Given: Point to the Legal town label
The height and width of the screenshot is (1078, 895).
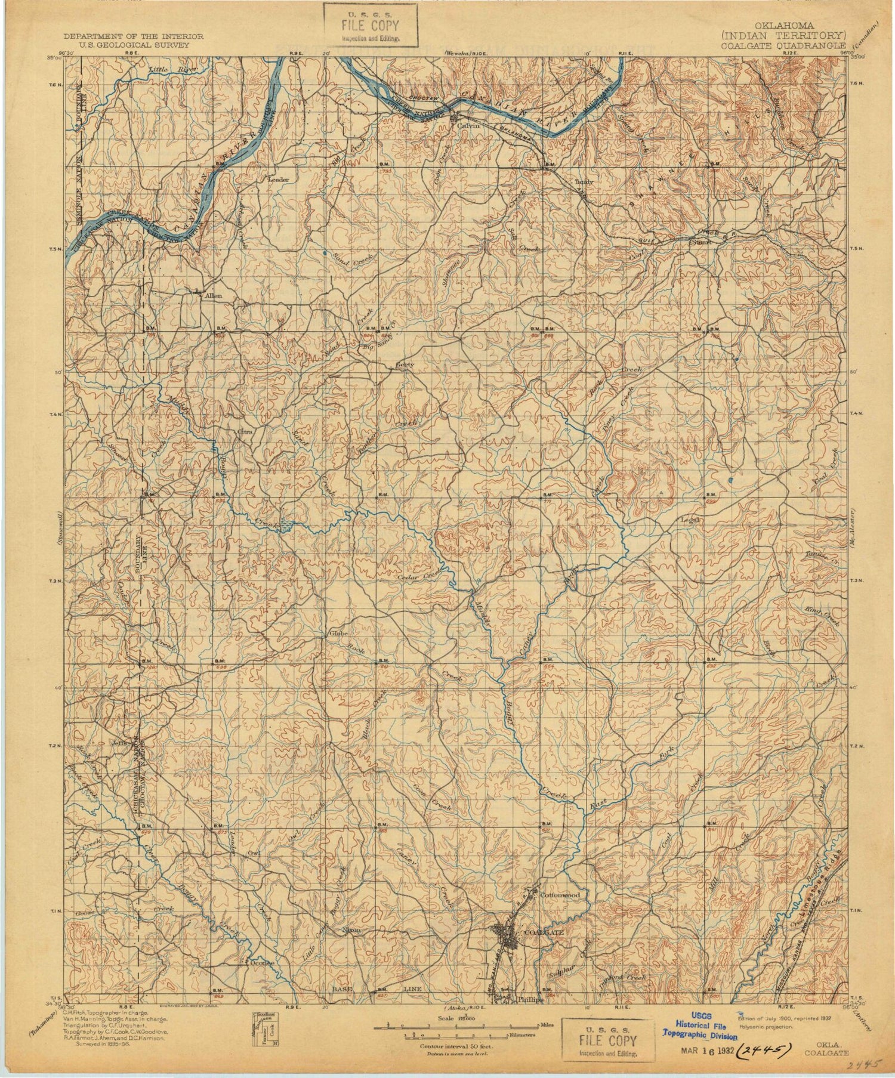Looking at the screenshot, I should pyautogui.click(x=690, y=520).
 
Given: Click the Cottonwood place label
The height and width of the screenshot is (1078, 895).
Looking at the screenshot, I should pyautogui.click(x=560, y=895).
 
